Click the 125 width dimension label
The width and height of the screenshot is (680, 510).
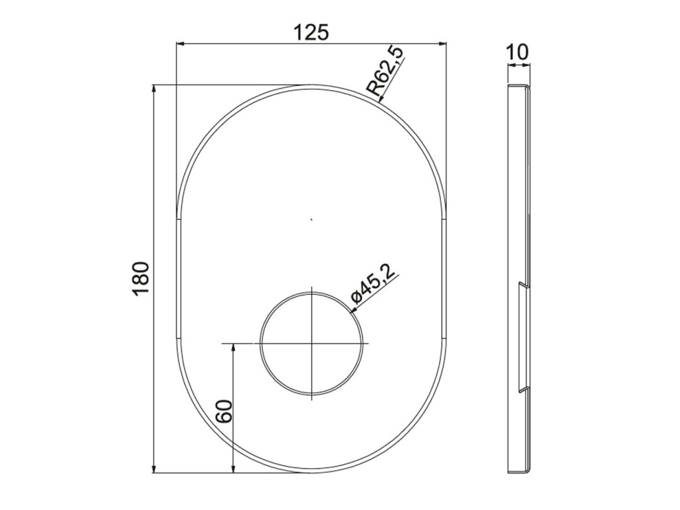tap(311, 33)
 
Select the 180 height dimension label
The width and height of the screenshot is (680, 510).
tap(141, 278)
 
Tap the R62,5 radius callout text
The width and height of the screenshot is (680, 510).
tap(386, 72)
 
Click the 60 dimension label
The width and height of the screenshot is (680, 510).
tap(225, 411)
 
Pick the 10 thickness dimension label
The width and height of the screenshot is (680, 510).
tap(517, 52)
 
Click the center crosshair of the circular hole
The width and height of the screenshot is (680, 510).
tap(312, 343)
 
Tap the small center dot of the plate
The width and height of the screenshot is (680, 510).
tap(311, 220)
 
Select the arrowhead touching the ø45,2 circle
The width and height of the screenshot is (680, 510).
tap(353, 309)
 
